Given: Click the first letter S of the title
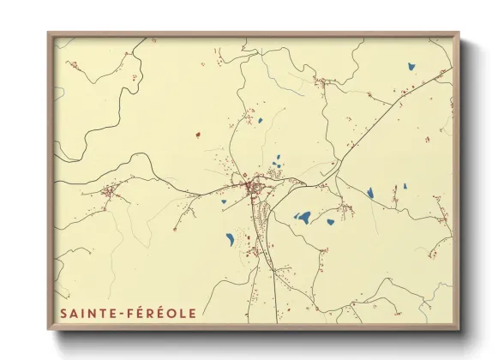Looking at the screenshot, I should pyautogui.click(x=63, y=313).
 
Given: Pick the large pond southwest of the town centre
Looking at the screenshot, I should pyautogui.click(x=230, y=238).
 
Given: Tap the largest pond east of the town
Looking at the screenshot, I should pyautogui.click(x=303, y=217).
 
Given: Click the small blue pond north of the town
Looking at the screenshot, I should pyautogui.click(x=260, y=121).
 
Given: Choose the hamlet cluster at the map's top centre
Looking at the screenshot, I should pyautogui.click(x=324, y=82).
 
